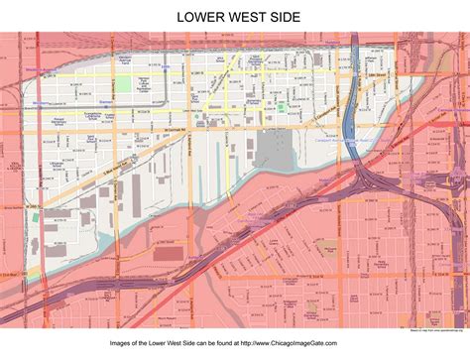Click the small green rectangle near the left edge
35,216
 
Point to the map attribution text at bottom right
436,326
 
